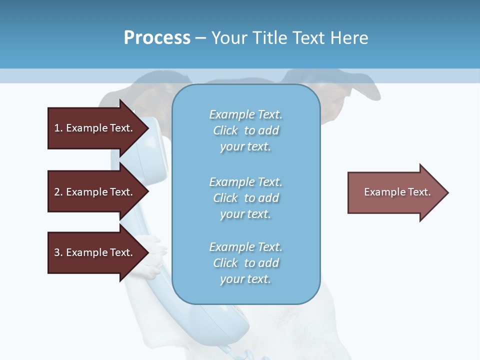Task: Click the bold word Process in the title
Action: tap(157, 38)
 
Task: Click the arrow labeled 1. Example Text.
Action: tap(95, 128)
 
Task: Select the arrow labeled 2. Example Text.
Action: tap(95, 192)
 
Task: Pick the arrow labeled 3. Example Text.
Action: tap(95, 252)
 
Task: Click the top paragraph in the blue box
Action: tap(245, 130)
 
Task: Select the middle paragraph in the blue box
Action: tap(245, 198)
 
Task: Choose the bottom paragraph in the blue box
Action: tap(245, 263)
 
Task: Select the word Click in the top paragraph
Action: tap(225, 130)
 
